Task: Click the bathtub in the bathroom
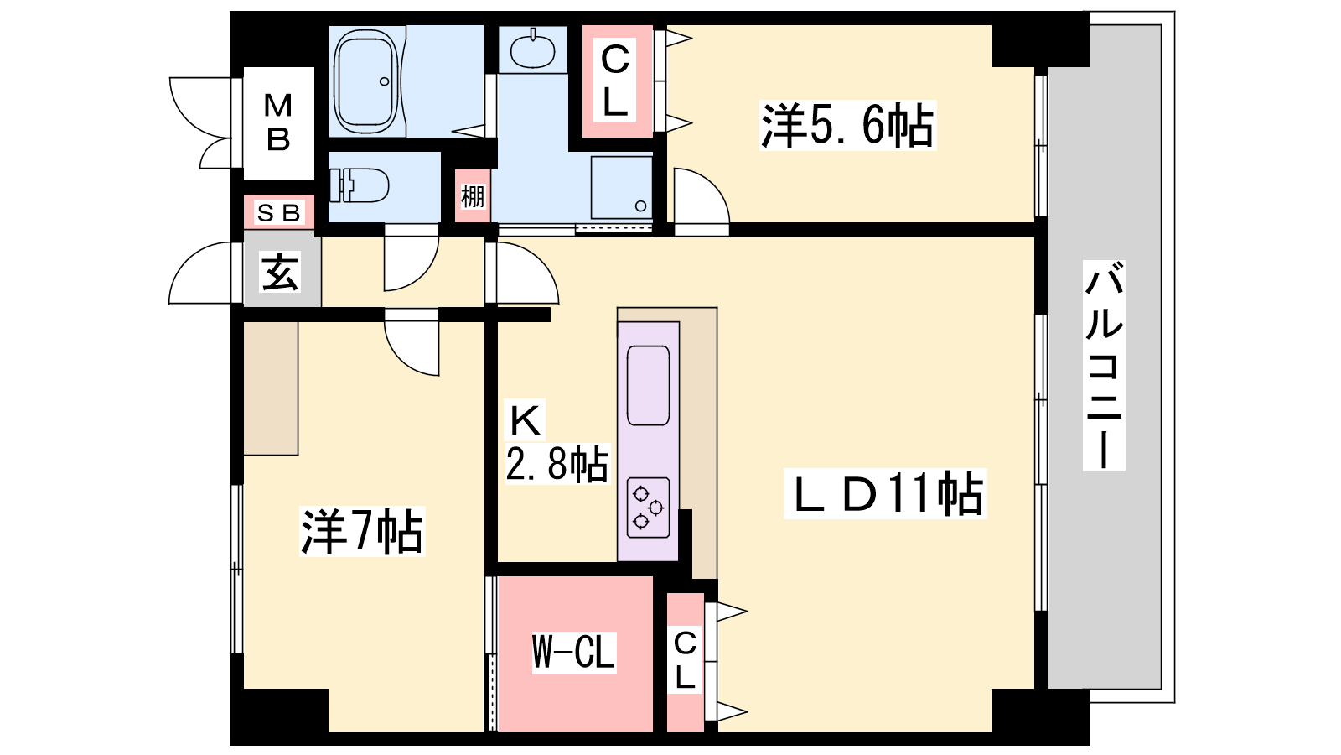point(365,81)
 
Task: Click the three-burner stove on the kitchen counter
point(649,508)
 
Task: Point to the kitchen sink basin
point(649,385)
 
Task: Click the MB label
point(278,122)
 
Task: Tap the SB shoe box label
point(278,213)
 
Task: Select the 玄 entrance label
point(280,273)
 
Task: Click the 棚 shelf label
point(473,196)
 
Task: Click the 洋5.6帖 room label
point(847,125)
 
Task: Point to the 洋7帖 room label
point(361,531)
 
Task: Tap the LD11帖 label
point(885,494)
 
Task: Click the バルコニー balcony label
point(1104,366)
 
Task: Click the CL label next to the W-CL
point(685,660)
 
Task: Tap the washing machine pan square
point(621,188)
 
